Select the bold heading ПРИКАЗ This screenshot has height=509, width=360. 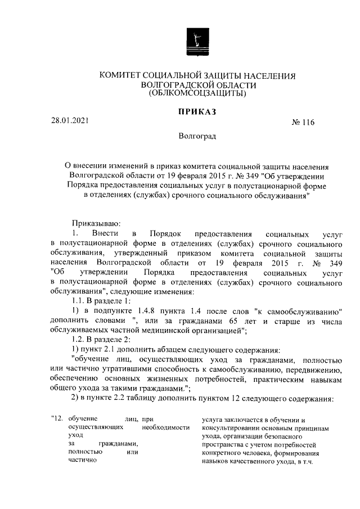tap(197, 112)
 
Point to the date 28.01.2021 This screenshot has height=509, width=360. tap(69, 120)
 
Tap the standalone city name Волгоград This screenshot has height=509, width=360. tap(197, 136)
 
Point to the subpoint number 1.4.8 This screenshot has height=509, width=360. tap(146, 312)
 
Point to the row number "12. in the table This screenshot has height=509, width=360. tap(56, 419)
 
